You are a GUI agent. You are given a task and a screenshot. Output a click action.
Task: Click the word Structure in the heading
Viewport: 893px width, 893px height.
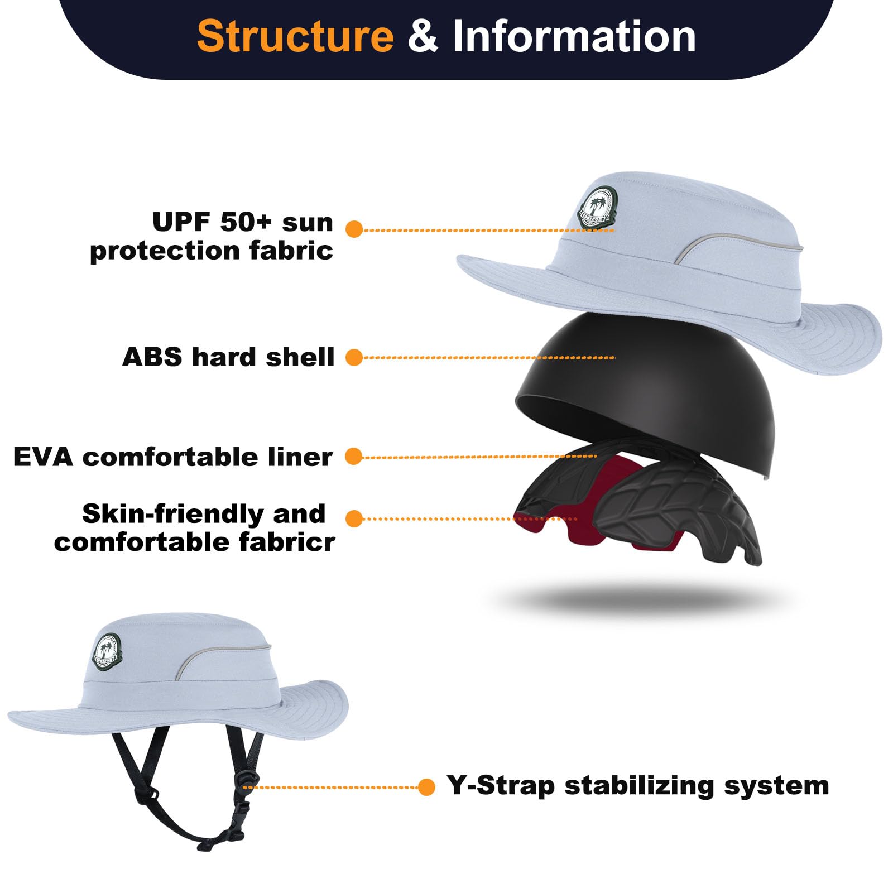295,36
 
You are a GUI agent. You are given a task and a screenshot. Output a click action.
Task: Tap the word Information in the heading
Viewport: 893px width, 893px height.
574,36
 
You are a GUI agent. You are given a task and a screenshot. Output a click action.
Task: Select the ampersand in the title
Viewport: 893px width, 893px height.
423,36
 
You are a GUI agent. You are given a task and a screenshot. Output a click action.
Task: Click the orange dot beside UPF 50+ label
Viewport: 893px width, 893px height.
354,229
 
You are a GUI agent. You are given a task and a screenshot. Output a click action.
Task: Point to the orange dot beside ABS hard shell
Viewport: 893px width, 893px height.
354,357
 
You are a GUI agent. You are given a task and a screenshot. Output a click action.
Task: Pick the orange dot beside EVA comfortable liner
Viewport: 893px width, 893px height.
354,456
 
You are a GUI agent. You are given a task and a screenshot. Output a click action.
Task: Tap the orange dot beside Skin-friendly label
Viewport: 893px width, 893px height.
354,518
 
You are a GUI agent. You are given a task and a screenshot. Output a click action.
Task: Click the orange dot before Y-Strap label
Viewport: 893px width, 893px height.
426,787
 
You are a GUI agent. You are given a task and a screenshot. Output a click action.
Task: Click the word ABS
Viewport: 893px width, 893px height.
152,357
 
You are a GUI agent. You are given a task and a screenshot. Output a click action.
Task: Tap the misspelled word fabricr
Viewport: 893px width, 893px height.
287,542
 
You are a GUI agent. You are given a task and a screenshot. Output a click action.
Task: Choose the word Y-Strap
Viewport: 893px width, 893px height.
501,786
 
